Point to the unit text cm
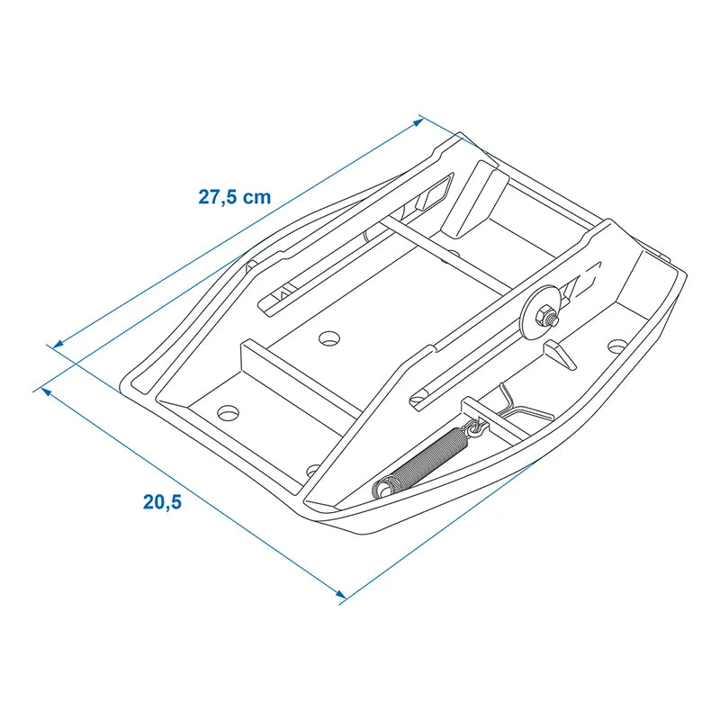click(256, 196)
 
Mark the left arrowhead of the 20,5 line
click(40, 390)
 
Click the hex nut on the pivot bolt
click(546, 316)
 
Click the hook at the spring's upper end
click(475, 427)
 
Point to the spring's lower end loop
click(382, 490)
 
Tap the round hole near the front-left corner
click(229, 412)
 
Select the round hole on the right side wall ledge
click(616, 346)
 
